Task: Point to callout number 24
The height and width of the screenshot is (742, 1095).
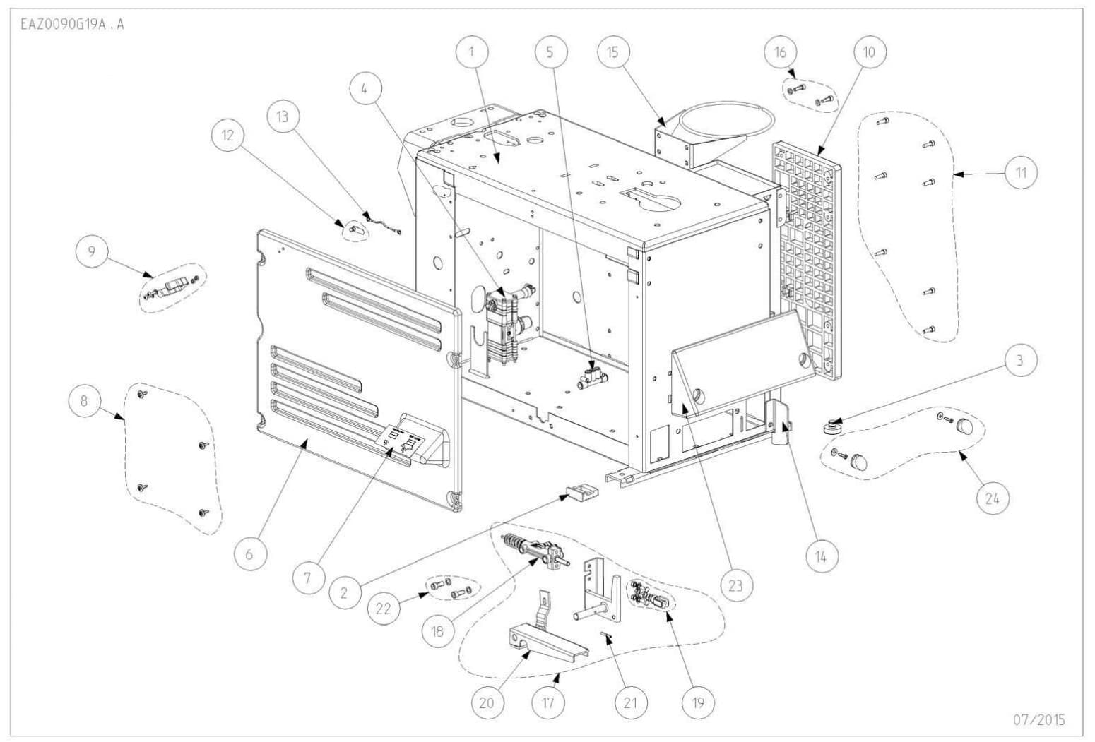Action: [993, 498]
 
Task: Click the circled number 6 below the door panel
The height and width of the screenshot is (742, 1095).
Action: [249, 554]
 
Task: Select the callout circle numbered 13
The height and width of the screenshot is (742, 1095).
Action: [283, 116]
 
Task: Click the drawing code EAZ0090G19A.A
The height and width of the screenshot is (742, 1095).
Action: [69, 24]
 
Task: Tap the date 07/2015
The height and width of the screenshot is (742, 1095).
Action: [1038, 720]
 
